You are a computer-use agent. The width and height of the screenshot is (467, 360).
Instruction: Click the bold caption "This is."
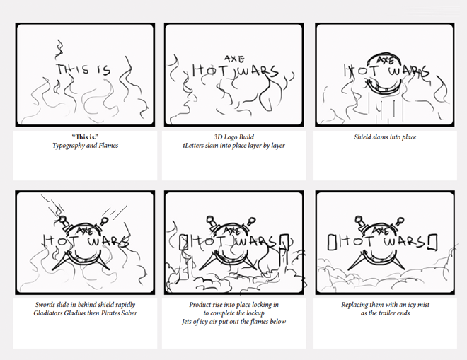(85, 137)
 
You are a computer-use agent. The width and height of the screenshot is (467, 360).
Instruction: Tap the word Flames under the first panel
(108, 146)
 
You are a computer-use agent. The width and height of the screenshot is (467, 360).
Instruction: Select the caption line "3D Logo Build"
(233, 137)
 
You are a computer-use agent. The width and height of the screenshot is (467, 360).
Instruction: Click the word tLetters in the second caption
(193, 146)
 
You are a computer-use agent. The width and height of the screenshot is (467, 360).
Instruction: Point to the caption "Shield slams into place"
(385, 137)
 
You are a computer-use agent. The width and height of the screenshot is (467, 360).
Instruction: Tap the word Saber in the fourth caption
(129, 313)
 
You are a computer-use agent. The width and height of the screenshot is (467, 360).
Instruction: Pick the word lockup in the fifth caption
(255, 313)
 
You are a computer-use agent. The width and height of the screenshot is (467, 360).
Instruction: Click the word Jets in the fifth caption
(188, 322)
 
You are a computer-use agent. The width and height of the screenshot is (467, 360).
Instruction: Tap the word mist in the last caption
(423, 305)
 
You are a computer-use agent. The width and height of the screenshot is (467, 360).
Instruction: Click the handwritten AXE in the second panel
(235, 59)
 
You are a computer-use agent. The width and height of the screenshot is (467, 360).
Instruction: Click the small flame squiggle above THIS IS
(59, 49)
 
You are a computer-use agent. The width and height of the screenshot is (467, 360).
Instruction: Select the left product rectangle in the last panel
(331, 243)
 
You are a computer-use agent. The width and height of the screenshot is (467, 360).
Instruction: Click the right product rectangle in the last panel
(433, 243)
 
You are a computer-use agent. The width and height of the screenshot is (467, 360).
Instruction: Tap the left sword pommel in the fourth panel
(63, 220)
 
